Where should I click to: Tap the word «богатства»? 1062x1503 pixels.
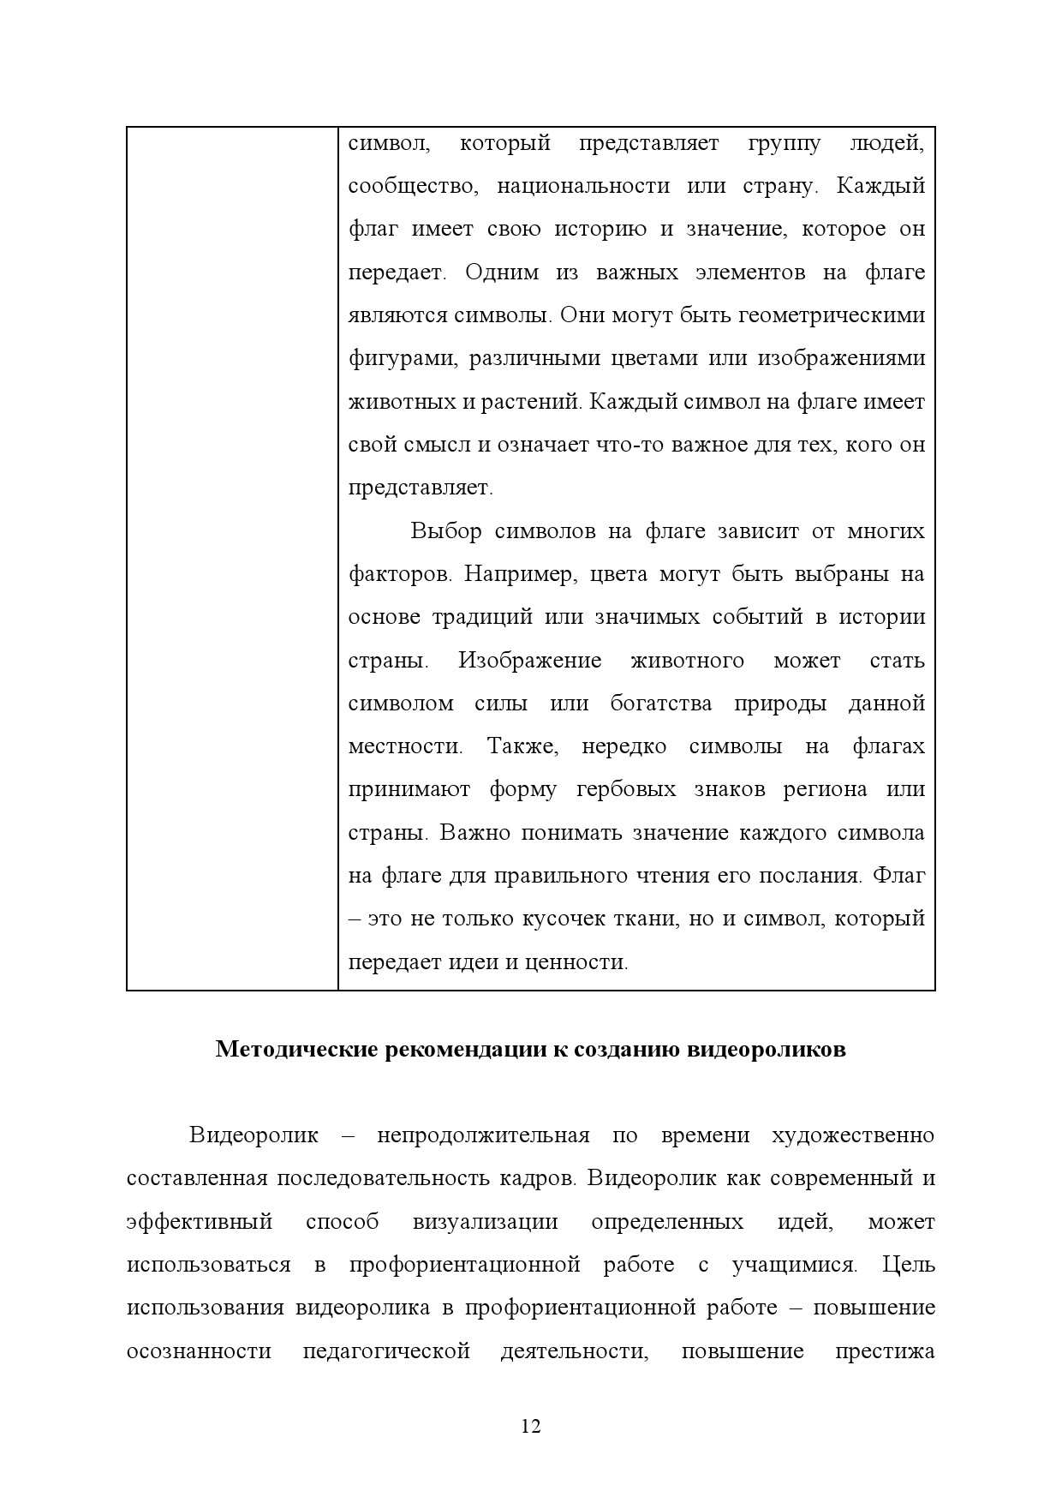[x=660, y=704]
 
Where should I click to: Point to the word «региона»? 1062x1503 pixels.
[x=825, y=790]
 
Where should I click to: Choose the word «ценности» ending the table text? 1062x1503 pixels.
[x=586, y=962]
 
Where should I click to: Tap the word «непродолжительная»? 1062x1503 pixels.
[x=483, y=1136]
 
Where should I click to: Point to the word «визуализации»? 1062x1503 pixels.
[x=485, y=1222]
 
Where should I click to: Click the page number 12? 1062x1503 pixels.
[x=530, y=1427]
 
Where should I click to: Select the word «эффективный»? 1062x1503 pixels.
[x=199, y=1222]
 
